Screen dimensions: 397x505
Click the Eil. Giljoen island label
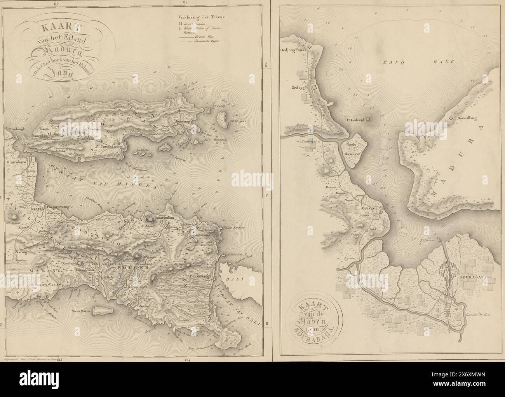click(x=241, y=121)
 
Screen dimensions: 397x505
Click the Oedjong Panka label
click(x=293, y=50)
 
